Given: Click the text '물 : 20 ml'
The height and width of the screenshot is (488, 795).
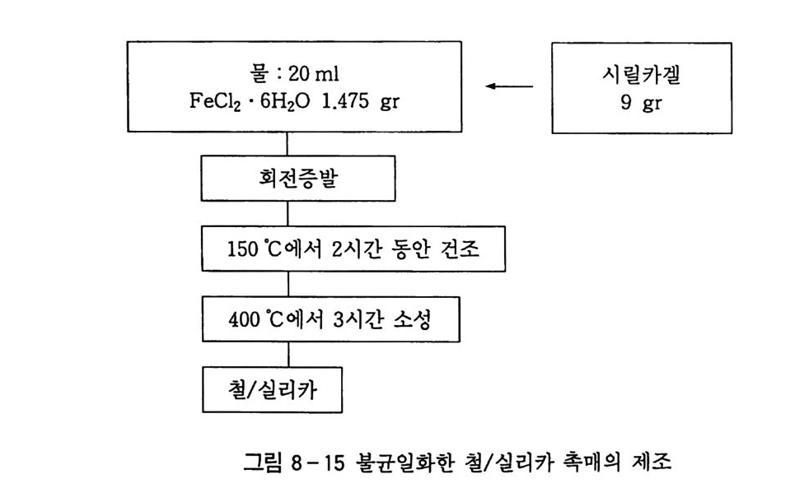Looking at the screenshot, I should click(288, 71).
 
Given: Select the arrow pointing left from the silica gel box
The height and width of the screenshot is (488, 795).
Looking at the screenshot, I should click(510, 86).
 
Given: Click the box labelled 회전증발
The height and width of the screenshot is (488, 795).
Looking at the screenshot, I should click(288, 179).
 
